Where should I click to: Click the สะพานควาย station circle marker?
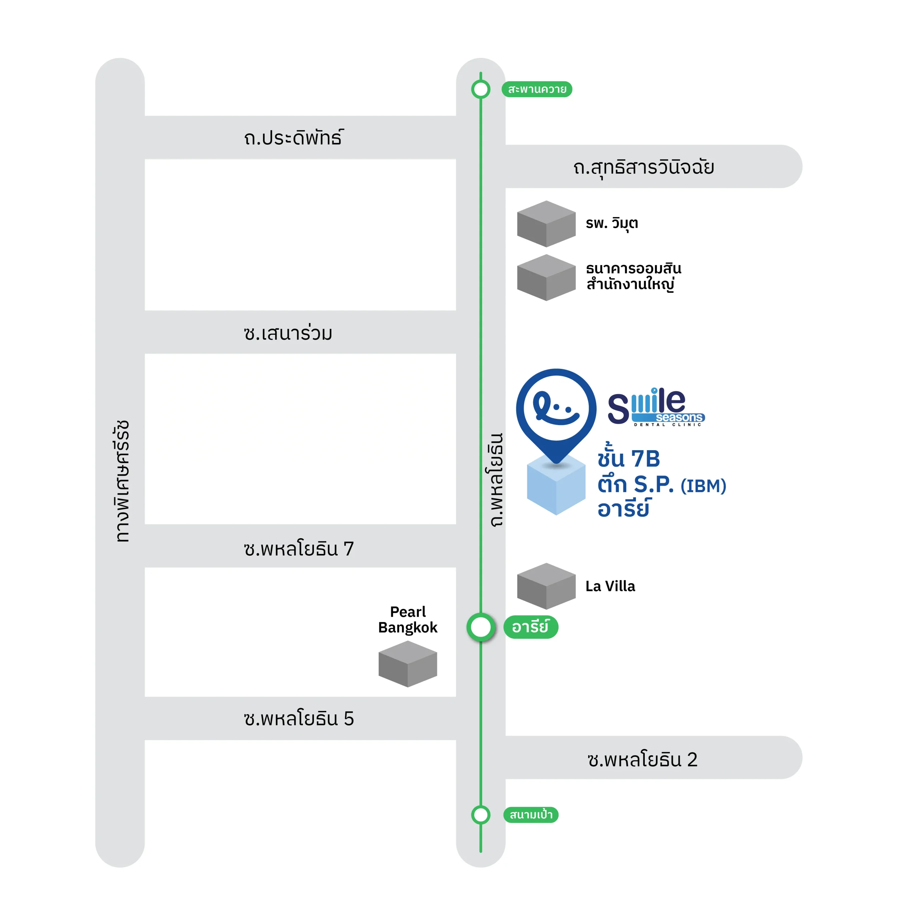point(481,89)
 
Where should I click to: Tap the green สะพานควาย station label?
point(537,89)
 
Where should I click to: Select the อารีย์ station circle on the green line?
point(481,627)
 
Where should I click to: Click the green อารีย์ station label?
point(531,627)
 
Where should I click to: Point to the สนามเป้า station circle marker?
point(481,815)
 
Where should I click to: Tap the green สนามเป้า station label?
point(531,815)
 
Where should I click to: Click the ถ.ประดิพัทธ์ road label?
point(294,138)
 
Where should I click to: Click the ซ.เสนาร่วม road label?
point(288,333)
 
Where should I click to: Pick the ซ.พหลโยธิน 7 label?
point(298,548)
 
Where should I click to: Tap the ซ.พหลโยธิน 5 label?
point(298,718)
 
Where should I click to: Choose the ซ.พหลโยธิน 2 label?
point(642,759)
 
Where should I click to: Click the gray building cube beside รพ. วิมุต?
point(546,224)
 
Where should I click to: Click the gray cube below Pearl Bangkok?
point(408,664)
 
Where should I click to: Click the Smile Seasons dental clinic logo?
point(656,407)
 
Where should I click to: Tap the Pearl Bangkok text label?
point(408,619)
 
